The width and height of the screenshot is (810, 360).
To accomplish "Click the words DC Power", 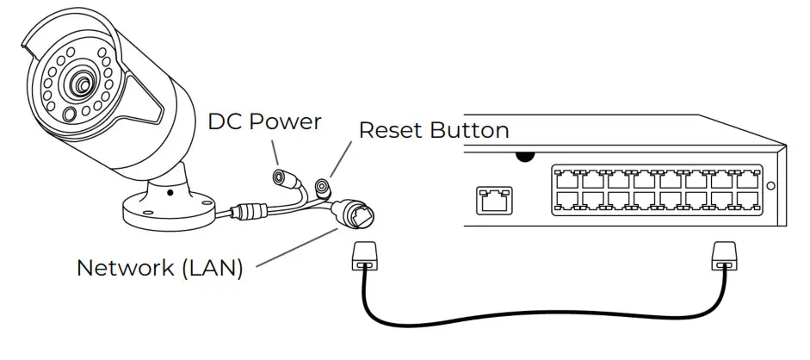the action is click(264, 122).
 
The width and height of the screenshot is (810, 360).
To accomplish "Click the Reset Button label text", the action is click(434, 130).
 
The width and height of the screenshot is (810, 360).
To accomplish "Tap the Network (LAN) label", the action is click(159, 268).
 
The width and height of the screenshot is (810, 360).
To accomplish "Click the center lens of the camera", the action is click(80, 84).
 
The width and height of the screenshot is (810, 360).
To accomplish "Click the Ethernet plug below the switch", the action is click(724, 256).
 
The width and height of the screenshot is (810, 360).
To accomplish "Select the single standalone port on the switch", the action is click(494, 201).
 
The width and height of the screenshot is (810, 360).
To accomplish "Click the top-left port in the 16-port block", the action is click(566, 179).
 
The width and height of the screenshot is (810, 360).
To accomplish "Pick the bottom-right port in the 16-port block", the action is click(747, 202).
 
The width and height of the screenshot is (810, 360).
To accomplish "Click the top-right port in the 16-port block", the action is click(747, 179).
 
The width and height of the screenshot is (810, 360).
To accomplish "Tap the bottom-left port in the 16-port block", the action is click(566, 202).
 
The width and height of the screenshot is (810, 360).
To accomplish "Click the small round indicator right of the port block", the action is click(770, 186).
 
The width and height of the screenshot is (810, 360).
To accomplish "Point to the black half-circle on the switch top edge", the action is click(525, 157).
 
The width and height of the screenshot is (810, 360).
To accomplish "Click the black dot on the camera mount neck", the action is click(170, 193).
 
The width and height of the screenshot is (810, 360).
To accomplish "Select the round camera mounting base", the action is click(169, 209).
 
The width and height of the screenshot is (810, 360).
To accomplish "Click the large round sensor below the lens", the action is click(69, 114).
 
